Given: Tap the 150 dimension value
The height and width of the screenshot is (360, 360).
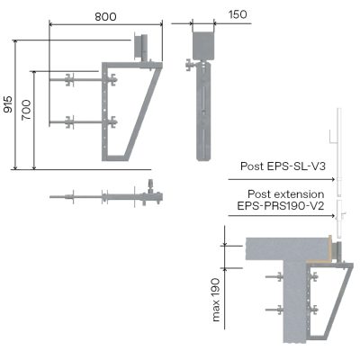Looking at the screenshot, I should pyautogui.click(x=238, y=14).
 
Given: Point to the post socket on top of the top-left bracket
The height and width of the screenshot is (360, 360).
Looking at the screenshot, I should pyautogui.click(x=142, y=47).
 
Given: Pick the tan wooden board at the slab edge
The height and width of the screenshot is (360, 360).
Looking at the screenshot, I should pyautogui.click(x=332, y=248).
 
